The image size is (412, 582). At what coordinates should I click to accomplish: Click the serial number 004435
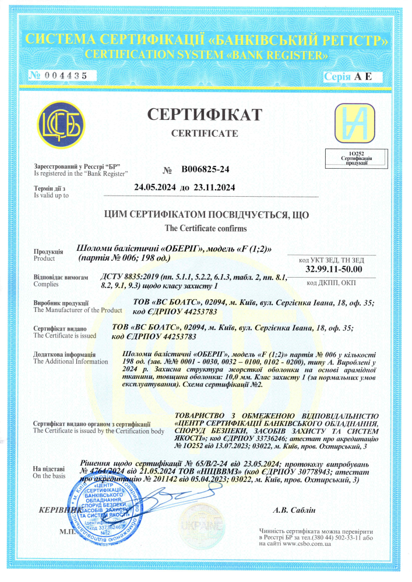pos(66,76)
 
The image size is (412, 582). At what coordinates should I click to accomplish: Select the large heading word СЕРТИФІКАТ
pos(204,114)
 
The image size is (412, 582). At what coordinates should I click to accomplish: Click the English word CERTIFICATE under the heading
pos(205,133)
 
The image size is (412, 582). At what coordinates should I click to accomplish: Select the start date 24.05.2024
pos(154,188)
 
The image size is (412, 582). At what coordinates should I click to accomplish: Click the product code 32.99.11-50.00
pos(334,268)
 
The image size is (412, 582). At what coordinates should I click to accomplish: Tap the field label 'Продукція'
pos(47,251)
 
